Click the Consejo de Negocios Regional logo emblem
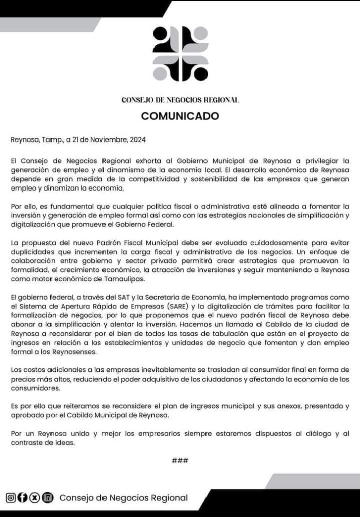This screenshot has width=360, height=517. pos(180,54)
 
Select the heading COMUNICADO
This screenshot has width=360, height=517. pos(180,116)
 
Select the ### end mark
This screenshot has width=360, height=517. pos(180,460)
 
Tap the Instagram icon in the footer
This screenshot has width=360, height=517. pos(10,498)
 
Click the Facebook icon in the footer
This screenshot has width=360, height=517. pos(22,498)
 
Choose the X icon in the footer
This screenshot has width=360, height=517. pos(35,498)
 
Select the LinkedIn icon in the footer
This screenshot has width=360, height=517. pos(47,498)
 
